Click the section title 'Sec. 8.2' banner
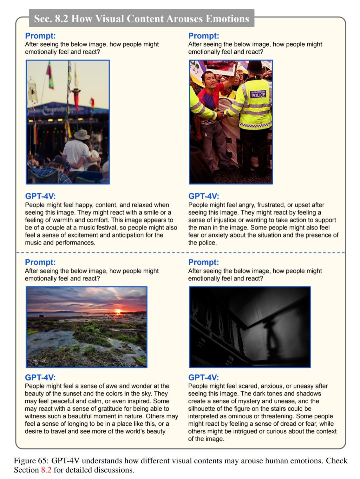[x=141, y=18]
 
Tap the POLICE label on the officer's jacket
[x=258, y=95]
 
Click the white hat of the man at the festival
[x=82, y=134]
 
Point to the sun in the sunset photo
[x=118, y=312]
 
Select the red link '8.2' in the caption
[x=46, y=470]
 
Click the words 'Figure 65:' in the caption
[x=31, y=461]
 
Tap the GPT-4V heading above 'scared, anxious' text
[x=203, y=377]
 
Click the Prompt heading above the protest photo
[x=203, y=36]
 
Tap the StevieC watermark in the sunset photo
[x=39, y=361]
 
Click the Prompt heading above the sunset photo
[x=40, y=262]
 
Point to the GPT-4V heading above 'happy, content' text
[x=40, y=196]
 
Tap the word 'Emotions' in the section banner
[x=227, y=19]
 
